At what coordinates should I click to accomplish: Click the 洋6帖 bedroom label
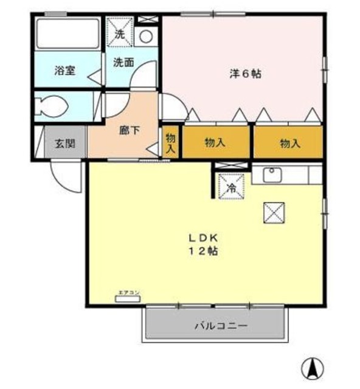(x=245, y=74)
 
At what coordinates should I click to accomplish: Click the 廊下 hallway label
(x=129, y=130)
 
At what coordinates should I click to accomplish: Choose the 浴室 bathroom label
(x=64, y=69)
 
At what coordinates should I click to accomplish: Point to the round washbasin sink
(x=146, y=36)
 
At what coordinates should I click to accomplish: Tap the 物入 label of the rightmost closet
(x=289, y=143)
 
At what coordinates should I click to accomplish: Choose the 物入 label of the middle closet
(x=215, y=143)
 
